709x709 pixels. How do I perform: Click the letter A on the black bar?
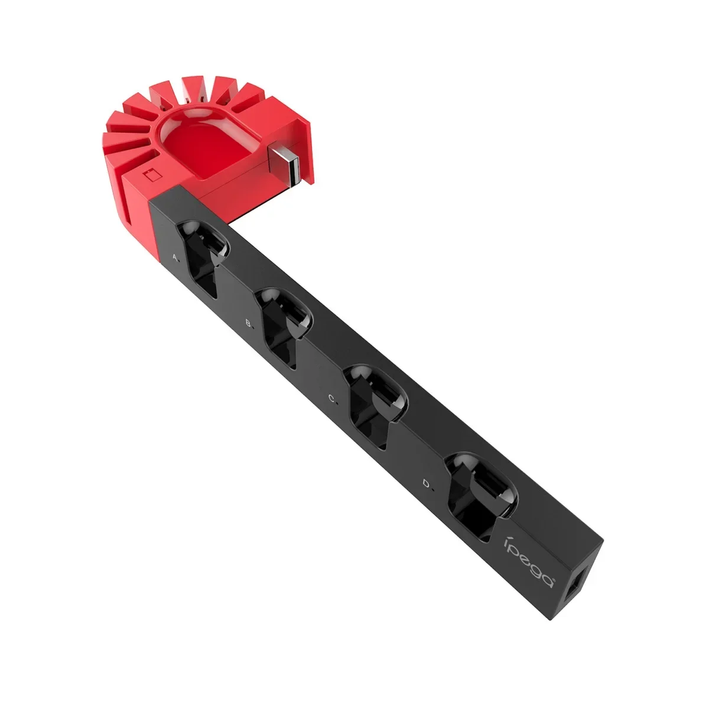[174, 257]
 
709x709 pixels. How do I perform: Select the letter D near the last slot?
[426, 484]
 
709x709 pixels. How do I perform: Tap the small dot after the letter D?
[433, 489]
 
